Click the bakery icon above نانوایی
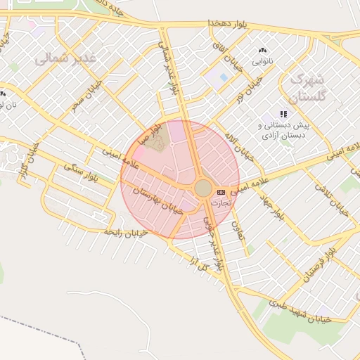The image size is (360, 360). click(x=262, y=51)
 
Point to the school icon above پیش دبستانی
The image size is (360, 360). click(x=284, y=113)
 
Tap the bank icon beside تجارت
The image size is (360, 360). click(x=221, y=191)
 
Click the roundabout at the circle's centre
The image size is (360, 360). click(x=203, y=188)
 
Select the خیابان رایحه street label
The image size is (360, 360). click(x=125, y=231)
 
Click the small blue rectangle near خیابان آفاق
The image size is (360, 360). click(x=224, y=77)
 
